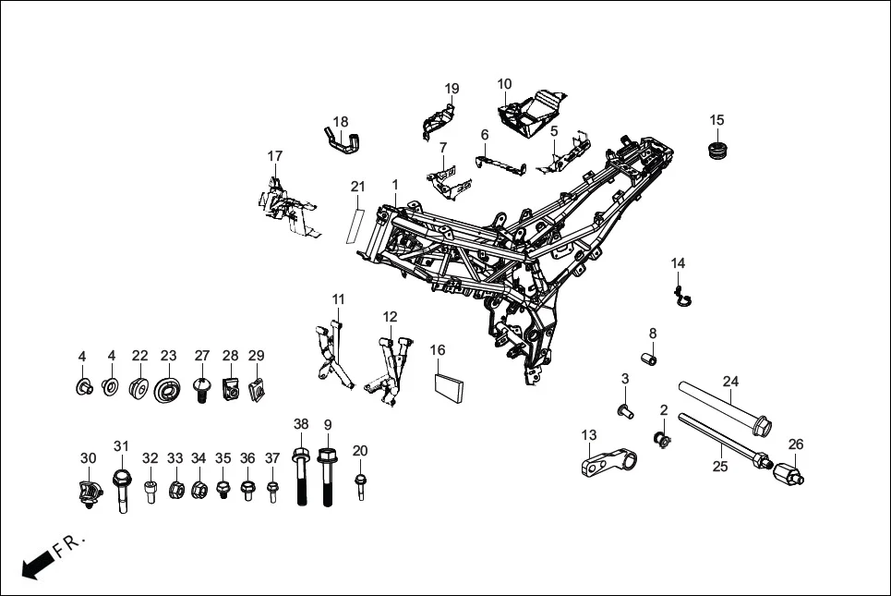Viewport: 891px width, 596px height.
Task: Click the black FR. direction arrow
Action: (37, 563)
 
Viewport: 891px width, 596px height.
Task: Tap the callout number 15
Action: (716, 120)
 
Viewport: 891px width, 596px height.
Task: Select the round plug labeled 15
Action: (716, 149)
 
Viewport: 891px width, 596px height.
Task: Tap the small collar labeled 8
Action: (650, 357)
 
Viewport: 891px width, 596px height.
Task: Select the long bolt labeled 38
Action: (301, 477)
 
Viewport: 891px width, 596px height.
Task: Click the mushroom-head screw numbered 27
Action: (201, 386)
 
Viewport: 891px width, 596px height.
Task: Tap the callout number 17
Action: (275, 155)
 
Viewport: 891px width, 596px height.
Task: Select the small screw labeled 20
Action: (360, 483)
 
